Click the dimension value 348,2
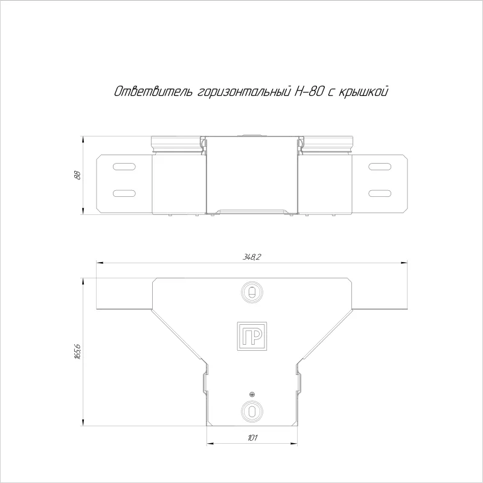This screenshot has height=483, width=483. [x=251, y=257]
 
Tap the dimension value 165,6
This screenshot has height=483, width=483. [x=78, y=352]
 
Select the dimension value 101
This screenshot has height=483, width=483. [x=252, y=438]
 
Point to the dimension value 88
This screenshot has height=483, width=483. [x=78, y=175]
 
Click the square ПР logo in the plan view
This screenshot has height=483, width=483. [x=252, y=336]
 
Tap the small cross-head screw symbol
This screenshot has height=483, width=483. [x=252, y=394]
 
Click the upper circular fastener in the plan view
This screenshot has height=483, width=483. [x=252, y=292]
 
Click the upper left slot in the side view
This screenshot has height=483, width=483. [x=124, y=167]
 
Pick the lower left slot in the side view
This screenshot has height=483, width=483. [x=124, y=193]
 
